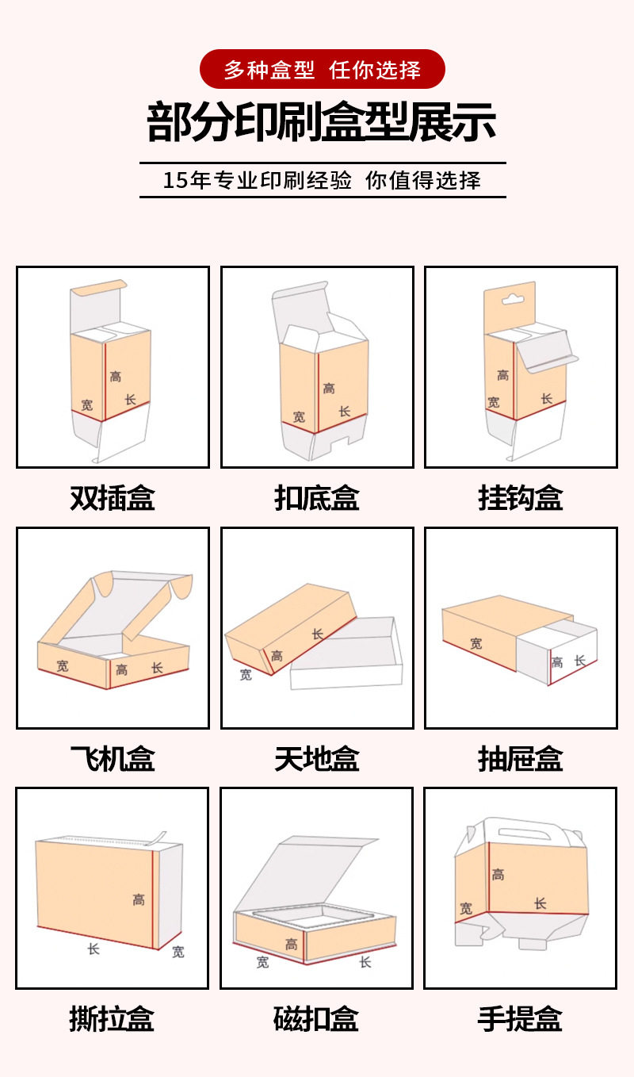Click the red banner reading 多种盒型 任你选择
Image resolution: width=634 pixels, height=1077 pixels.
pos(322,69)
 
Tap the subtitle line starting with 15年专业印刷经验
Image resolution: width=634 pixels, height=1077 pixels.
pos(322,180)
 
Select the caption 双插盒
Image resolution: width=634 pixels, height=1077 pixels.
pos(113,498)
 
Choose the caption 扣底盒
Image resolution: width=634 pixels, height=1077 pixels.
pos(317,498)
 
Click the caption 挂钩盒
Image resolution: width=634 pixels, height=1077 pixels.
pos(521,498)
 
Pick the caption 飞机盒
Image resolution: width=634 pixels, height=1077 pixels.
pos(113,759)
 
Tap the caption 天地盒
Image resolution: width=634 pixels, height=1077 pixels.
pos(317,759)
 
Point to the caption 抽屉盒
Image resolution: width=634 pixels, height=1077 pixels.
pos(521,759)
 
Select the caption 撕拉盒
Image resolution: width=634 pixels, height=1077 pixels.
pos(112,1019)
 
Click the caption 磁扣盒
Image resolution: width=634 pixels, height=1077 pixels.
pos(316,1019)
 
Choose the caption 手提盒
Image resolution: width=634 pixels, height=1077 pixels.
pos(520,1019)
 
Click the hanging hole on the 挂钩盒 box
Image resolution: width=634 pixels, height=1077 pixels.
pos(514,300)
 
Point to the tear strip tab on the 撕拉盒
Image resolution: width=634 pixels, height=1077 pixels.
pos(159,837)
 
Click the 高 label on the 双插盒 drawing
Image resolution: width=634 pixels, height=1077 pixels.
pos(116,376)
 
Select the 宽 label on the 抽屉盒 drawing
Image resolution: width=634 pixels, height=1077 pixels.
pos(475,644)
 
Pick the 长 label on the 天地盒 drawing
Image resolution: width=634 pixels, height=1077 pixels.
pos(318,634)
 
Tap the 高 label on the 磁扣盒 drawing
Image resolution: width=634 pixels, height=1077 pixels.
pos(292,945)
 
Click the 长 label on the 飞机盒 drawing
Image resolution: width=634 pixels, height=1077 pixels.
pos(157,668)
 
